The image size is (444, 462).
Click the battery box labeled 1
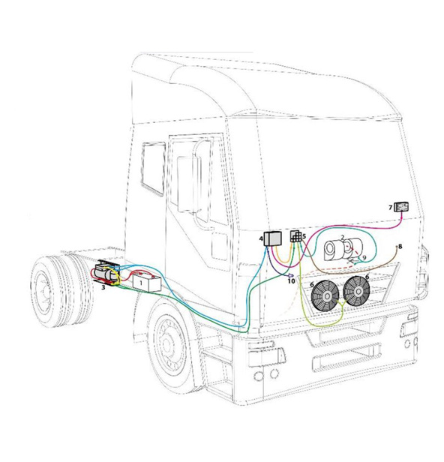click(147, 283)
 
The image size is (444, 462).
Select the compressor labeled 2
click(343, 250)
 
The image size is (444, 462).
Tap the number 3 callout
click(103, 287)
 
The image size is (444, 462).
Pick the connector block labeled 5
click(295, 236)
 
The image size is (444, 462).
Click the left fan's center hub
click(325, 296)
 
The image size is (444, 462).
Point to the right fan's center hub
click(358, 292)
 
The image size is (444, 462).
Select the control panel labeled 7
click(401, 207)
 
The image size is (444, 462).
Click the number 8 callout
click(400, 246)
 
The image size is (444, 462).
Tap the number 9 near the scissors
click(364, 258)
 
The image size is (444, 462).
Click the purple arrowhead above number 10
click(291, 275)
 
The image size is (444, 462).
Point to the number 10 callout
click(291, 281)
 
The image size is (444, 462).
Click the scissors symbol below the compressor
click(351, 260)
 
